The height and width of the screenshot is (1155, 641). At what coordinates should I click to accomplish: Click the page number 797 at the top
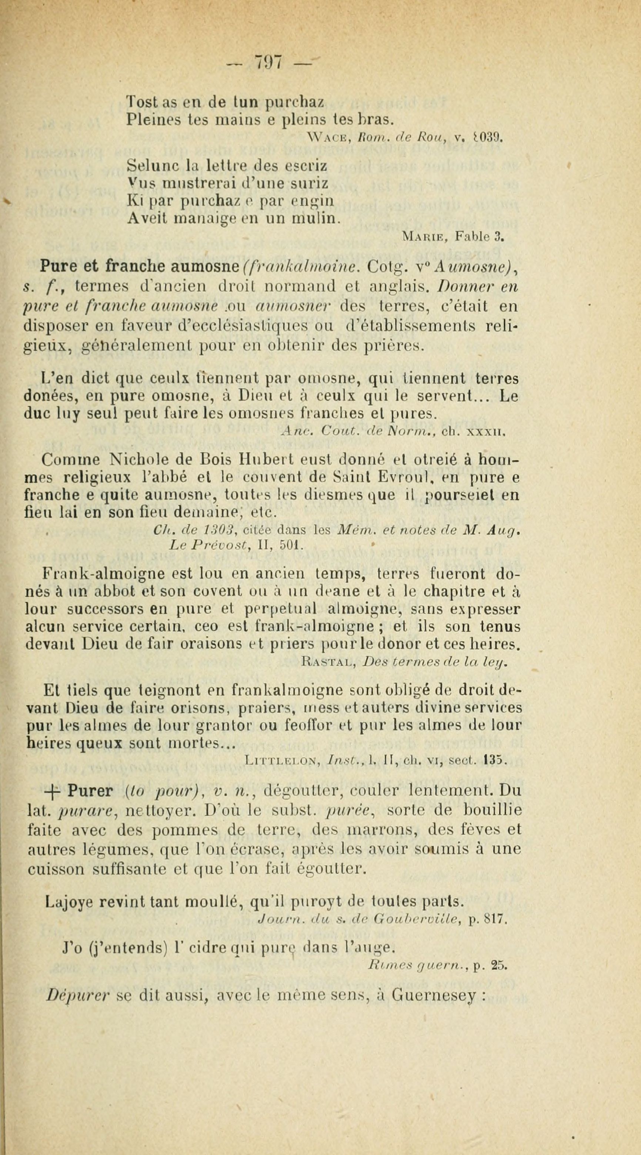pyautogui.click(x=268, y=61)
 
